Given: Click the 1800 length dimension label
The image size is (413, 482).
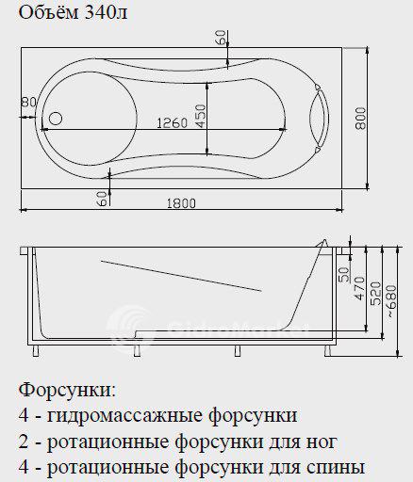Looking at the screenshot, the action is pos(181,203).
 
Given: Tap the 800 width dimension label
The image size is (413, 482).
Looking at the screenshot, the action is pos(361,119).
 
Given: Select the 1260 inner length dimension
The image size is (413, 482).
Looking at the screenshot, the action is pos(172,122).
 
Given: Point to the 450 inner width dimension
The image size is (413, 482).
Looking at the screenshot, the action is pos(201,116).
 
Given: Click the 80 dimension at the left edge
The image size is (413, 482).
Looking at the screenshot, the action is pos(28,102).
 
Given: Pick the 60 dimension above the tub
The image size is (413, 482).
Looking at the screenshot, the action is pos(221,38).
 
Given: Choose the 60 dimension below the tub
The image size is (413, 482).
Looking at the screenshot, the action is pos(102,199).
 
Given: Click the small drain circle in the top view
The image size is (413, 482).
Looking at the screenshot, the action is pos(56,119).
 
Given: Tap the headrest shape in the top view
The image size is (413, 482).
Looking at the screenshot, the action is pos(319,118).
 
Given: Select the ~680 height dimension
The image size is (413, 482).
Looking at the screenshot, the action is pos(392,301).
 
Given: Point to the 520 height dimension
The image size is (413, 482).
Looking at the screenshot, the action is pos(376,294).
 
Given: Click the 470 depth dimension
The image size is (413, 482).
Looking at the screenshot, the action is pos(360,288).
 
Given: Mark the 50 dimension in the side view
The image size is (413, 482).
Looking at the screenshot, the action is pos(344,275).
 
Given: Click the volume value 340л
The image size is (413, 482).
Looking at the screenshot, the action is pos(106,13).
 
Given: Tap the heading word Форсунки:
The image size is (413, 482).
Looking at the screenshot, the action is pos(67,390).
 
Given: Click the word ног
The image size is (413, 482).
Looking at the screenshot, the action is pos(322,442).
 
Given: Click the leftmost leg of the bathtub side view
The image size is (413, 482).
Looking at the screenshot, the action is pos(36,351).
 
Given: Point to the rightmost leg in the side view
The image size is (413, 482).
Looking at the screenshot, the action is pos(327,351).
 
